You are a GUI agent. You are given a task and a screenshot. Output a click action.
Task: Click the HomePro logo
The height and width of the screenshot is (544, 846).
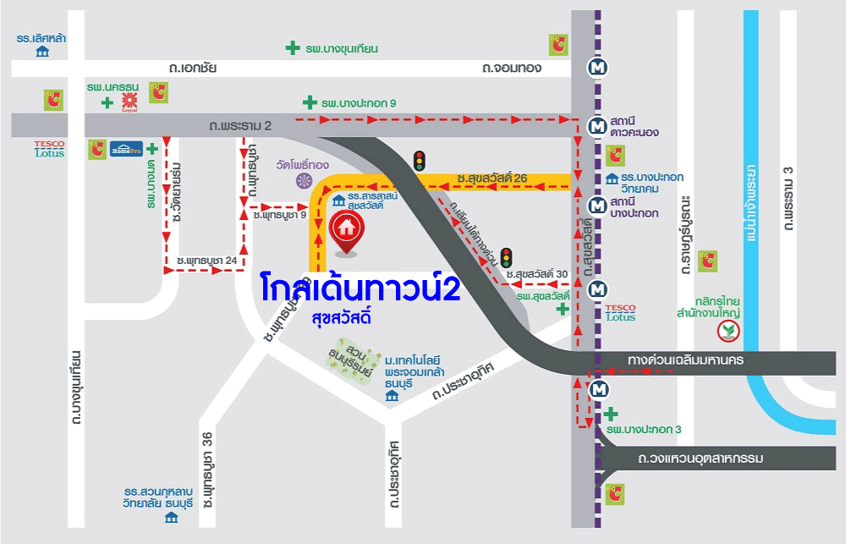coord(126,150)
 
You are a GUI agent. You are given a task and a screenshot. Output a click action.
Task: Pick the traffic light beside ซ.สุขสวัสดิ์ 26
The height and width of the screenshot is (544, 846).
coord(419,161)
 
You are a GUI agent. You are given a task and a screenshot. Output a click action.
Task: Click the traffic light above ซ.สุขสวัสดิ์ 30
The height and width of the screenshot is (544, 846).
coord(507,257)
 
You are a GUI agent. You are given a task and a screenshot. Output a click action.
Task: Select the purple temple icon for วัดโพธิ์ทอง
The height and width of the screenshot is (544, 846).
coord(303,180)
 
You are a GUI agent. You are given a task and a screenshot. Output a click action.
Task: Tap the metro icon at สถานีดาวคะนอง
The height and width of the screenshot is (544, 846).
coord(598,127)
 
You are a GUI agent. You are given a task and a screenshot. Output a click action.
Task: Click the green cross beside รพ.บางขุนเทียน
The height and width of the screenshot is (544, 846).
coord(292,49)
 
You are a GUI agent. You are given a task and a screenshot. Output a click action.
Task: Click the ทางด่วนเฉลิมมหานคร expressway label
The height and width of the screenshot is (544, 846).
coord(685,361)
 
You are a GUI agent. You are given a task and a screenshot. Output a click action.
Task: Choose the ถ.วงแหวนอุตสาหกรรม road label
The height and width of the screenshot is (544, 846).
coord(701,459)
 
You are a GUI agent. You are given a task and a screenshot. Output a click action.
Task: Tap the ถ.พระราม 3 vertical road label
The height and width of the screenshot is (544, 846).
coord(789,200)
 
